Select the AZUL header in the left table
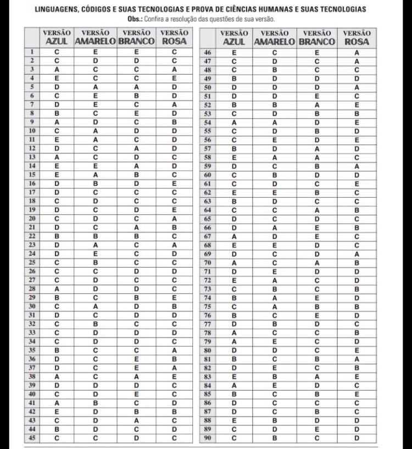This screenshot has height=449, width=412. click(57, 41)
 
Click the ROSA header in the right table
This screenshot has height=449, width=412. click(357, 41)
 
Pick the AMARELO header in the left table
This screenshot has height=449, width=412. click(95, 41)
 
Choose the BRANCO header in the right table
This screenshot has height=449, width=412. click(317, 41)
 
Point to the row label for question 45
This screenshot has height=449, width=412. click(32, 438)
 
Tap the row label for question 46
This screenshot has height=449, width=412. click(208, 52)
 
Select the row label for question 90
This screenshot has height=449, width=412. click(208, 438)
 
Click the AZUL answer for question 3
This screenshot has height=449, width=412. click(57, 70)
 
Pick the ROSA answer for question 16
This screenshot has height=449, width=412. click(174, 184)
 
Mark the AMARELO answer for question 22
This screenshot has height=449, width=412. click(95, 236)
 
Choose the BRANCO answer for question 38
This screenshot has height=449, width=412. click(136, 376)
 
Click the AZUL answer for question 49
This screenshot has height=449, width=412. click(234, 79)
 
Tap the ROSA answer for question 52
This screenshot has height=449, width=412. click(357, 105)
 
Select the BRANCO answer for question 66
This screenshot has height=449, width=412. click(317, 228)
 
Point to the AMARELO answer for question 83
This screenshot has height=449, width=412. click(274, 376)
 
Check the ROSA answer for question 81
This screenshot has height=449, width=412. click(357, 359)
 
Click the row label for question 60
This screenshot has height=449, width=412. click(208, 175)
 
